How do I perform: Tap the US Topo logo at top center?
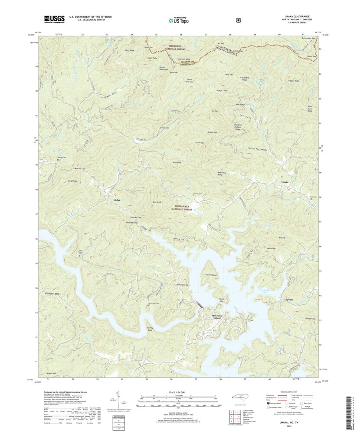[x=179, y=20]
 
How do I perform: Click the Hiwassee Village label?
[x=216, y=317]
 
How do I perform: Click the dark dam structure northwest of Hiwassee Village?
[x=200, y=305]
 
